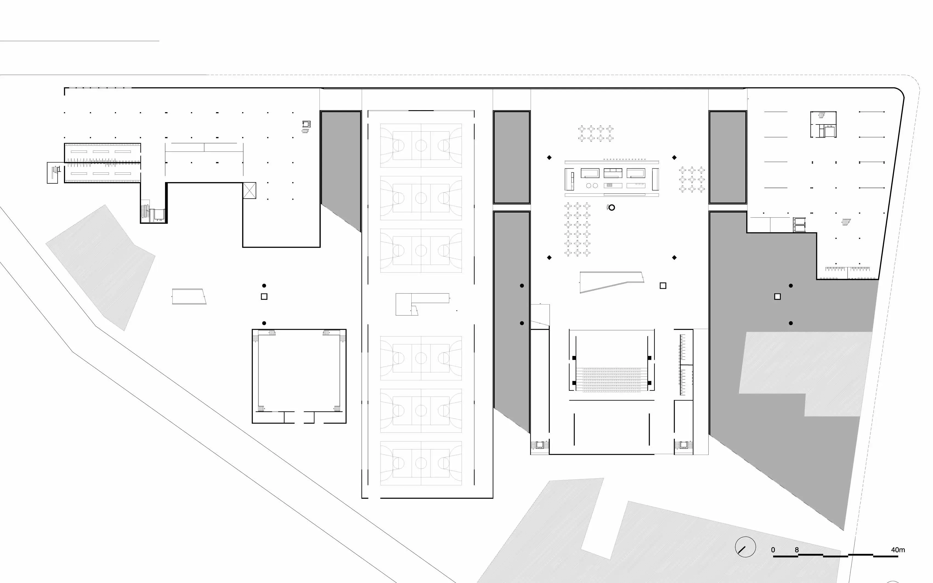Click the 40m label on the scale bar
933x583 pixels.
tap(898, 550)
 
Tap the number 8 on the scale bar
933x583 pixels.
tap(796, 550)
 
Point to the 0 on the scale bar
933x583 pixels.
tap(773, 550)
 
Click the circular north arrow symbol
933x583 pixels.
tap(745, 547)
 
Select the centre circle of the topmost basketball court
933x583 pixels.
tap(421, 145)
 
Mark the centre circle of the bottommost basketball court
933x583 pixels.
tap(421, 463)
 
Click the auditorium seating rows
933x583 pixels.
tap(612, 380)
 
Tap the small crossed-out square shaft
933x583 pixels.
tap(249, 191)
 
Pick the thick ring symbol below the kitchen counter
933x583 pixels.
tap(612, 207)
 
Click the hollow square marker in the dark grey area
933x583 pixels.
tap(777, 296)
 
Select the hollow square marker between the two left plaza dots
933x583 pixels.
tap(264, 296)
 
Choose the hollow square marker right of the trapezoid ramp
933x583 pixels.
tap(663, 286)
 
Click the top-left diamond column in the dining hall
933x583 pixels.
tap(549, 157)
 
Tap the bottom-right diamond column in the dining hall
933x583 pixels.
tap(674, 257)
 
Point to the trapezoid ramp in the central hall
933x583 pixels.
tap(612, 281)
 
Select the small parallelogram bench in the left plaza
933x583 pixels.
tap(189, 296)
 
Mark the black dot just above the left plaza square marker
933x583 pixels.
tap(264, 286)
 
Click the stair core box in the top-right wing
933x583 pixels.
tap(823, 124)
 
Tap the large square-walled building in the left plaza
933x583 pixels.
tap(299, 376)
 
